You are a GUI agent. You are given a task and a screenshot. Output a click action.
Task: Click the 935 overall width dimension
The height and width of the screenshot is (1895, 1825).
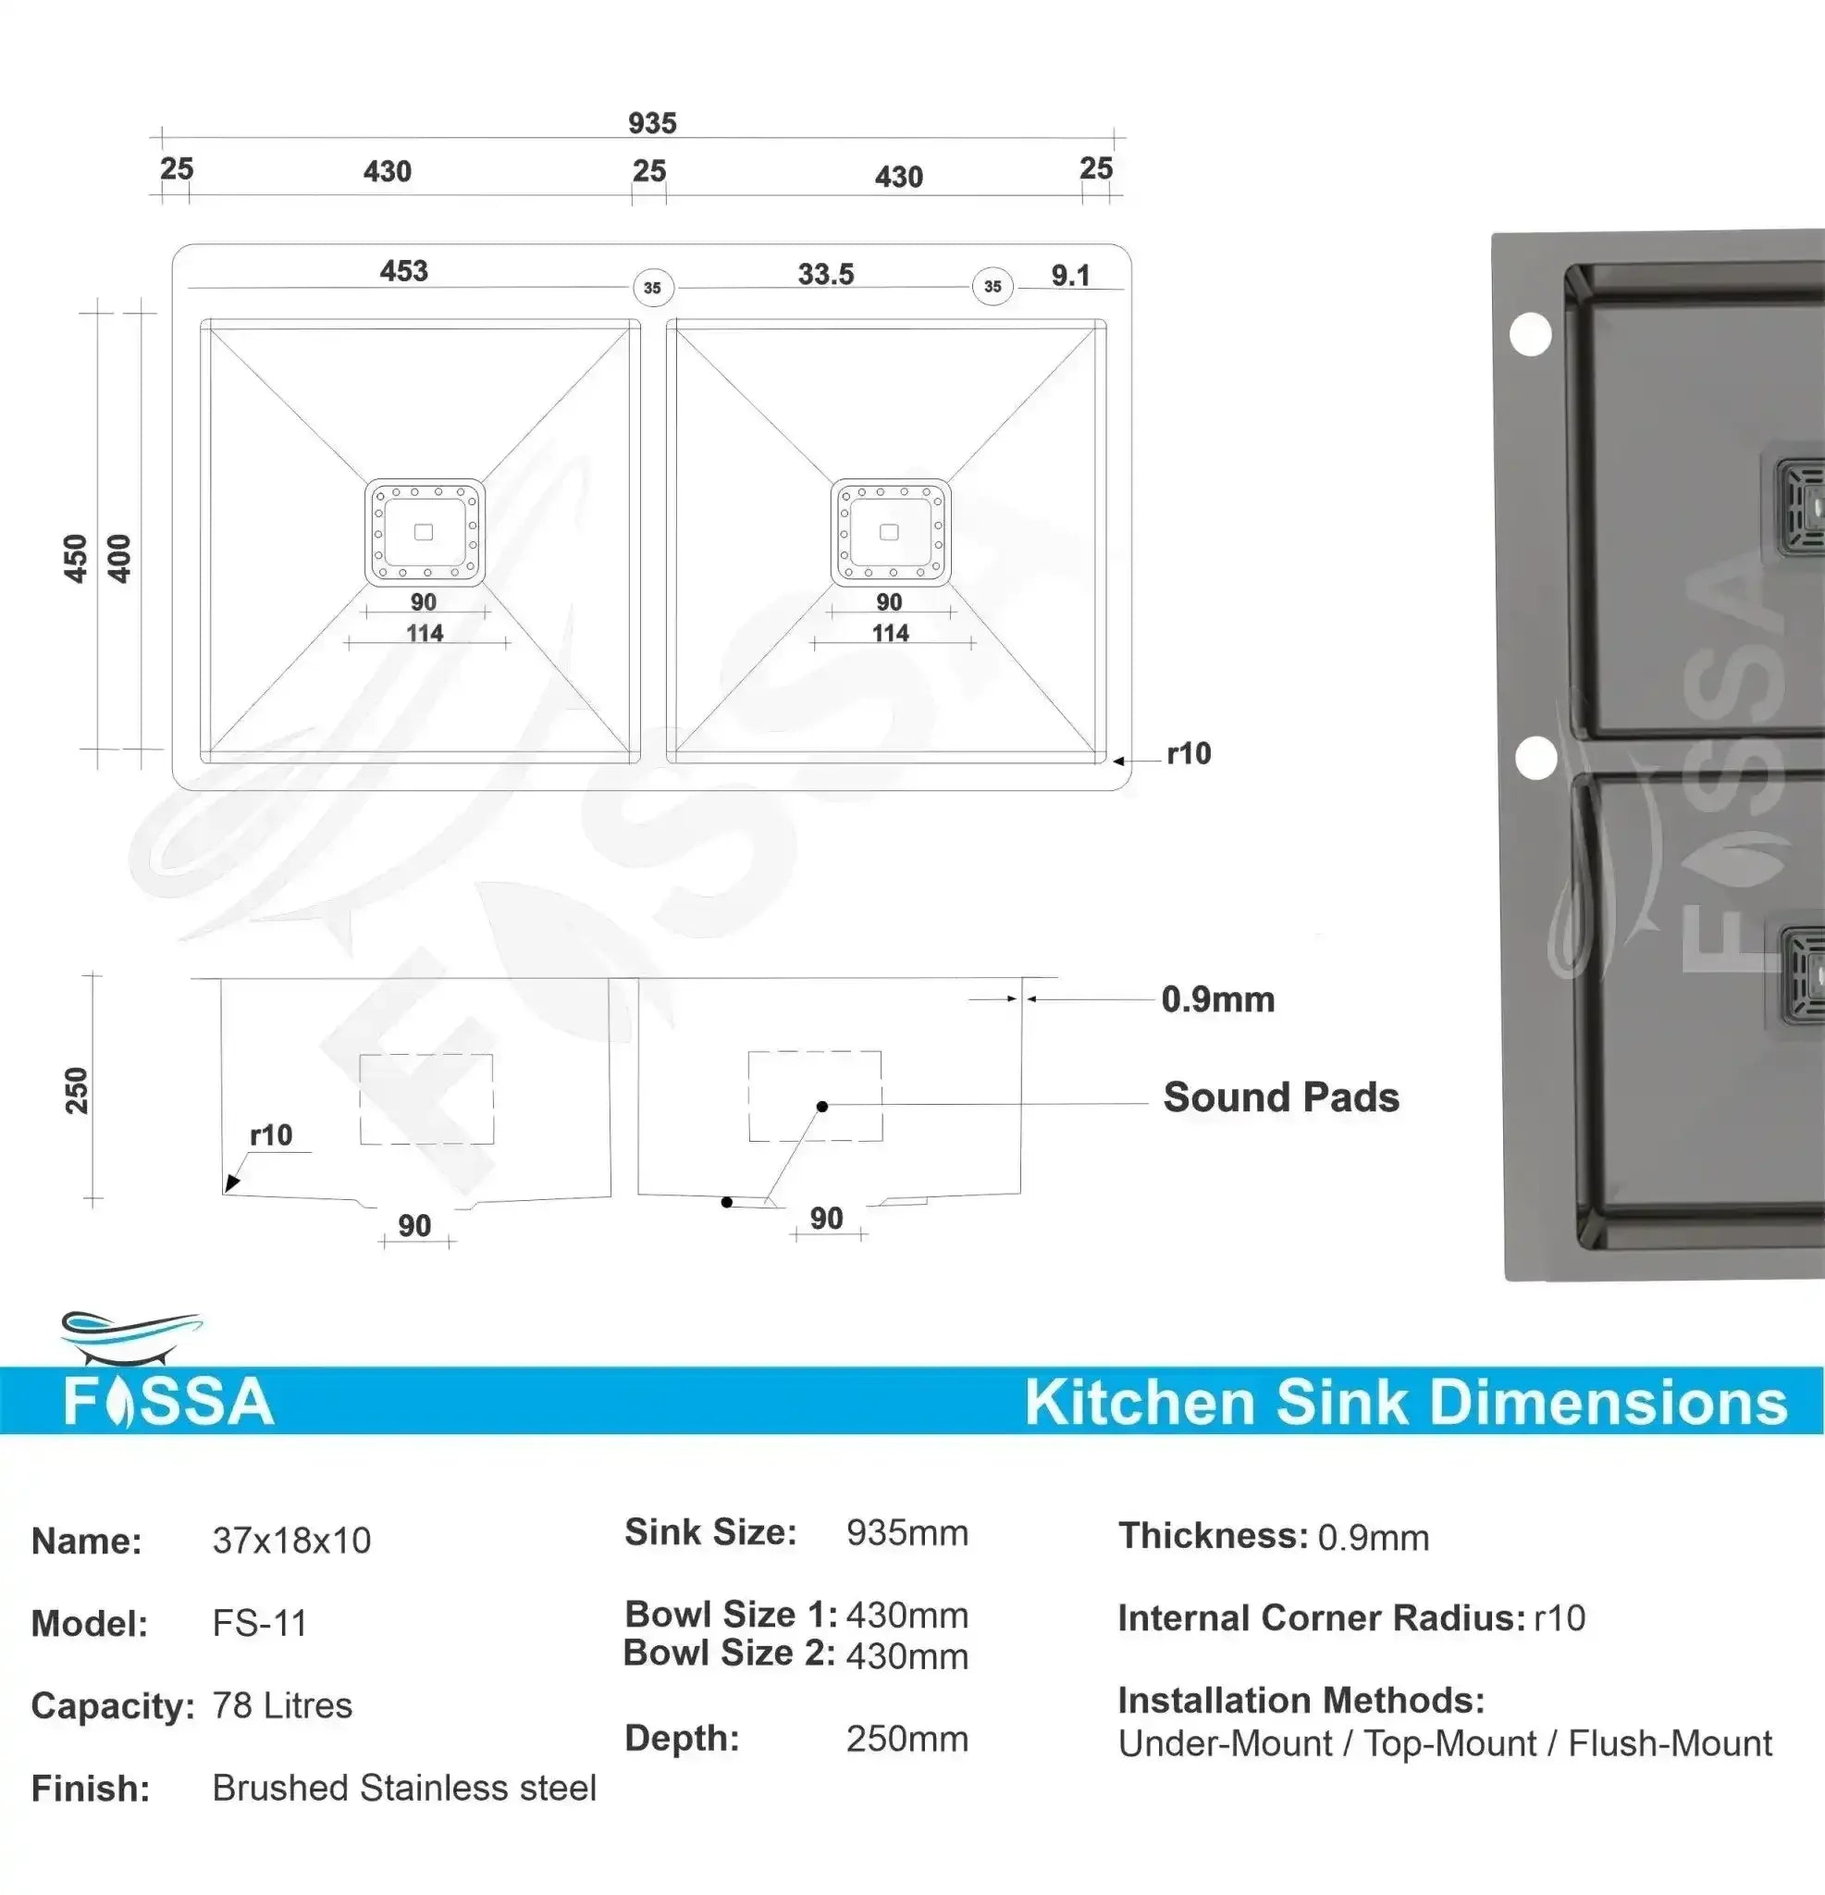tap(652, 123)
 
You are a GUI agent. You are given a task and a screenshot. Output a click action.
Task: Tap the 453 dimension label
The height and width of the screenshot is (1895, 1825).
tap(403, 271)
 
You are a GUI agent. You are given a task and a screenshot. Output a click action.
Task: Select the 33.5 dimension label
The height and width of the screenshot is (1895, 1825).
tap(825, 275)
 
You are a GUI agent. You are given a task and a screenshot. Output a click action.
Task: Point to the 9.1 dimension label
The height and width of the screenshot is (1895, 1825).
tap(1070, 276)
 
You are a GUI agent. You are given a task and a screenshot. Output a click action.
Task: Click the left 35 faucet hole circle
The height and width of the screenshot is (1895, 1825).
tap(652, 287)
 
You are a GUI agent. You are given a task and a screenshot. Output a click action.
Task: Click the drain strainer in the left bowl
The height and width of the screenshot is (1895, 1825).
tap(425, 533)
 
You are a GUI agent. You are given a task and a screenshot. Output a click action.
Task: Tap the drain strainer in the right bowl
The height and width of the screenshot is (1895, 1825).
tap(890, 533)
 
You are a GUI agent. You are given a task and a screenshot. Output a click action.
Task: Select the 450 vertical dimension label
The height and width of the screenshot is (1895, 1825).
tap(76, 558)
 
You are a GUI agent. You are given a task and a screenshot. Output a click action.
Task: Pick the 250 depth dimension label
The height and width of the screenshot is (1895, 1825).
tap(77, 1091)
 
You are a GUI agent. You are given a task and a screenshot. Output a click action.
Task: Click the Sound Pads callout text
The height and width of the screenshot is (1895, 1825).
tap(1281, 1097)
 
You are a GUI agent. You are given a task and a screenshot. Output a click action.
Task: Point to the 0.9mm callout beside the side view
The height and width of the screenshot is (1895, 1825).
tap(1218, 999)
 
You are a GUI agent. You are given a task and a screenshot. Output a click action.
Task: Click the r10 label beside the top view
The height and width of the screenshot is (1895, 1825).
tap(1188, 753)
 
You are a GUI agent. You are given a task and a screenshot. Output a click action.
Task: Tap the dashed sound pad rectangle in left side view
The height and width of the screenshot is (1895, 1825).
tap(426, 1099)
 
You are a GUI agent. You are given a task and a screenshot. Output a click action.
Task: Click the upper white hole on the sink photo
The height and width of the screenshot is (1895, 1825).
tap(1530, 335)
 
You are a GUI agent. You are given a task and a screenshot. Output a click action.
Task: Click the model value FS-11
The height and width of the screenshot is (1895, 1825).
tap(260, 1623)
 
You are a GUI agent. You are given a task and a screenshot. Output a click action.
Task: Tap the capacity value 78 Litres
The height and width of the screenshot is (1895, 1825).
tap(282, 1705)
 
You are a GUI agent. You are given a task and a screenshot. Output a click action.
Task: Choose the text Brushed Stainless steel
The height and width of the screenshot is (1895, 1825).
tap(404, 1788)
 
